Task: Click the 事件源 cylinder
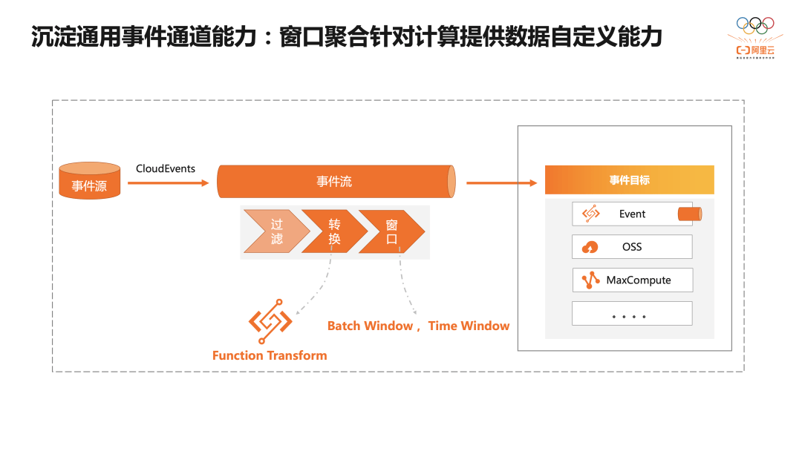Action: click(x=89, y=180)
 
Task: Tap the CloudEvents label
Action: click(x=166, y=168)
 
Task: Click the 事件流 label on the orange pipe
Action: click(x=334, y=182)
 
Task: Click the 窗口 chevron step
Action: click(x=392, y=231)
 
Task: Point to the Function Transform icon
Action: click(x=270, y=321)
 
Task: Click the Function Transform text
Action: click(x=270, y=355)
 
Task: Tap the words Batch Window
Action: click(x=370, y=326)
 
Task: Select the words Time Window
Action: click(x=469, y=326)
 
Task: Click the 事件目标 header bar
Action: click(x=629, y=180)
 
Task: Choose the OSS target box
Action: click(x=631, y=247)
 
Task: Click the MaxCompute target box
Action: click(x=632, y=280)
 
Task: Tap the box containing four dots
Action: click(x=631, y=314)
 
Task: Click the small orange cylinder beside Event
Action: click(x=690, y=214)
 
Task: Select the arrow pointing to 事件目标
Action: click(x=501, y=182)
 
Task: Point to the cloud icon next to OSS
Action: click(x=591, y=247)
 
